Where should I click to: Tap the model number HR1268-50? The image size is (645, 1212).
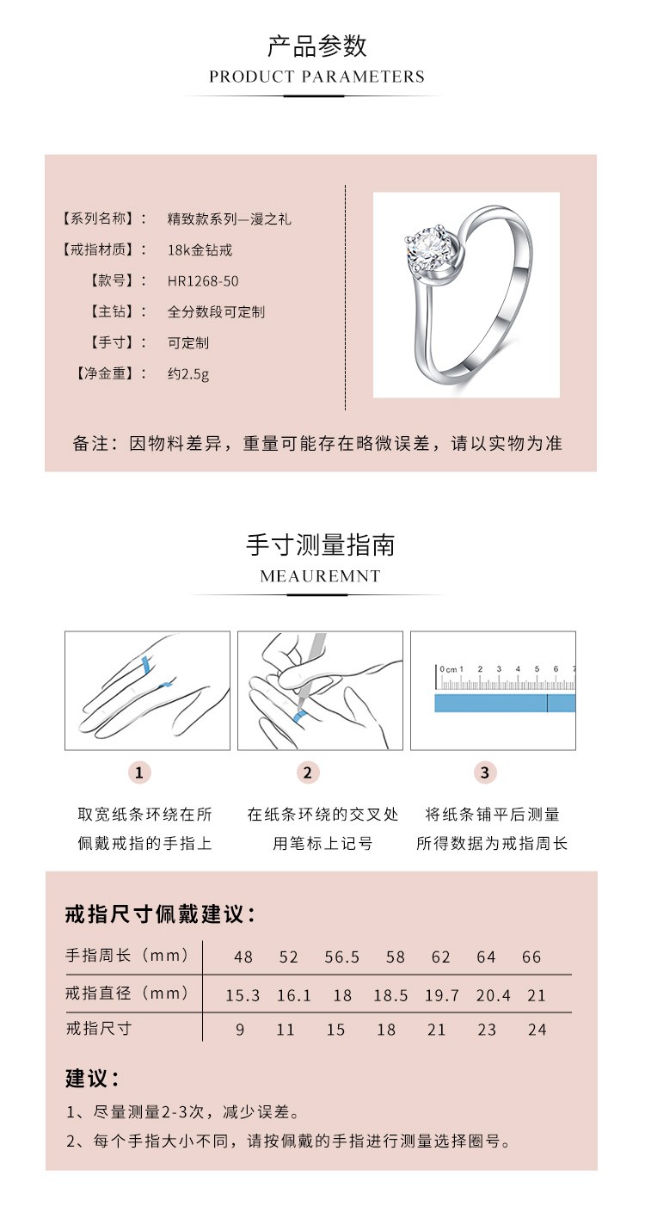coord(203,280)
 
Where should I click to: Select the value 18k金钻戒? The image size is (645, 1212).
coord(200,249)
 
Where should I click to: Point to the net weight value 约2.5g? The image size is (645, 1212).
coord(187,373)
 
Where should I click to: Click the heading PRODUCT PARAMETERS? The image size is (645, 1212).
coord(316,77)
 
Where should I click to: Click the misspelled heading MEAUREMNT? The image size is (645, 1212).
coord(320,575)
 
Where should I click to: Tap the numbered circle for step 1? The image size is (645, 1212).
coord(139,772)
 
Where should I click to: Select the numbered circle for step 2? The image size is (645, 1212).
coord(308,772)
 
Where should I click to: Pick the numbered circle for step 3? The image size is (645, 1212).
coord(484,772)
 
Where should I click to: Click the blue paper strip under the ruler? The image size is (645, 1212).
coord(503,704)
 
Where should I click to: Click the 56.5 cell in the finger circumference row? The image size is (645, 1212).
coord(342,957)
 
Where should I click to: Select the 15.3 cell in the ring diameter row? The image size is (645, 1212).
coord(243,995)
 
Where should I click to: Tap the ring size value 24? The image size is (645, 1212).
coord(537,1030)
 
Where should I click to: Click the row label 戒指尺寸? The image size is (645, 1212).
coord(98,1029)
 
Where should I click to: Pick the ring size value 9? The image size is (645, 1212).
coord(241,1030)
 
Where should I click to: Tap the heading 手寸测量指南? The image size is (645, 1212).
coord(320,544)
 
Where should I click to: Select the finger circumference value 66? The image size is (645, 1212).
coord(531,957)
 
